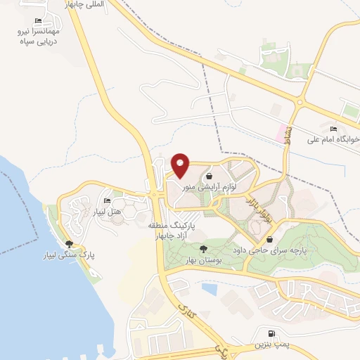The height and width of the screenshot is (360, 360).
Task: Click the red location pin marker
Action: (x=181, y=165)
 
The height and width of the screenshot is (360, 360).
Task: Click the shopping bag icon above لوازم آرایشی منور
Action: (x=210, y=176)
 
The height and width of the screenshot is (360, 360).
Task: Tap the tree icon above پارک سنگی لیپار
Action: (x=69, y=243)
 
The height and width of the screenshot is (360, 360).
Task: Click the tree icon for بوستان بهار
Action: (x=204, y=250)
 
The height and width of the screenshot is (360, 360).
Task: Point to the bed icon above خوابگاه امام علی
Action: (x=333, y=128)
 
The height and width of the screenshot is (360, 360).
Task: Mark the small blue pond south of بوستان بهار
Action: (x=210, y=287)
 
